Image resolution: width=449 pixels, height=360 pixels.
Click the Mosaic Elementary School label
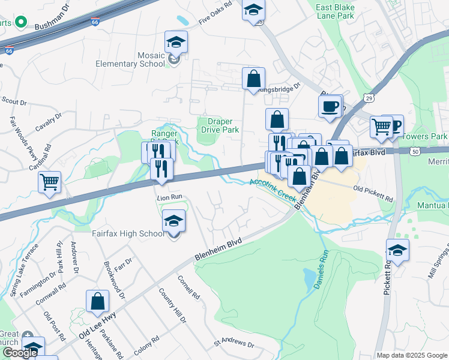pos(130,59)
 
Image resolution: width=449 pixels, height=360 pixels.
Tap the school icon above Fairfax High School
pos(173,221)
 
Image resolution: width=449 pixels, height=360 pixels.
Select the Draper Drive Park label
pos(219,125)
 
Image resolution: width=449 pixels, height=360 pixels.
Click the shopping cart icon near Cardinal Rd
pos(49,182)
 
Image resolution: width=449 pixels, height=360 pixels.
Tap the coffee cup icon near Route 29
pos(330,107)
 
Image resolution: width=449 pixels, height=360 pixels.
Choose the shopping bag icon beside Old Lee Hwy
pos(97,302)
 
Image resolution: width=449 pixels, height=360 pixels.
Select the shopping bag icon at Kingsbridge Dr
pos(254,79)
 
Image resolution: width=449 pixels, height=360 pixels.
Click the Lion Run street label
pos(169,197)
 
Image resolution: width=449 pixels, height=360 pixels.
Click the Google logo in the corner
pos(20,353)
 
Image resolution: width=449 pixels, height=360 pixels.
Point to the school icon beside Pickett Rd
pos(397,250)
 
